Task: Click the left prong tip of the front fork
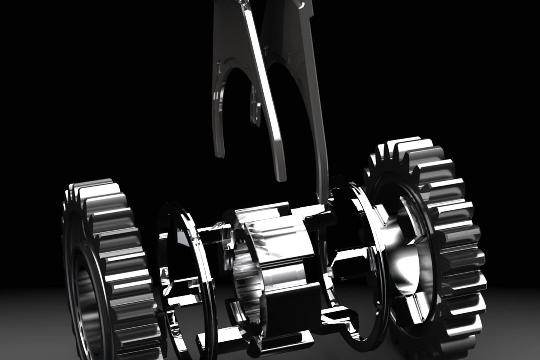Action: coord(219,150)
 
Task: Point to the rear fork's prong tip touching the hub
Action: coord(322,199)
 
